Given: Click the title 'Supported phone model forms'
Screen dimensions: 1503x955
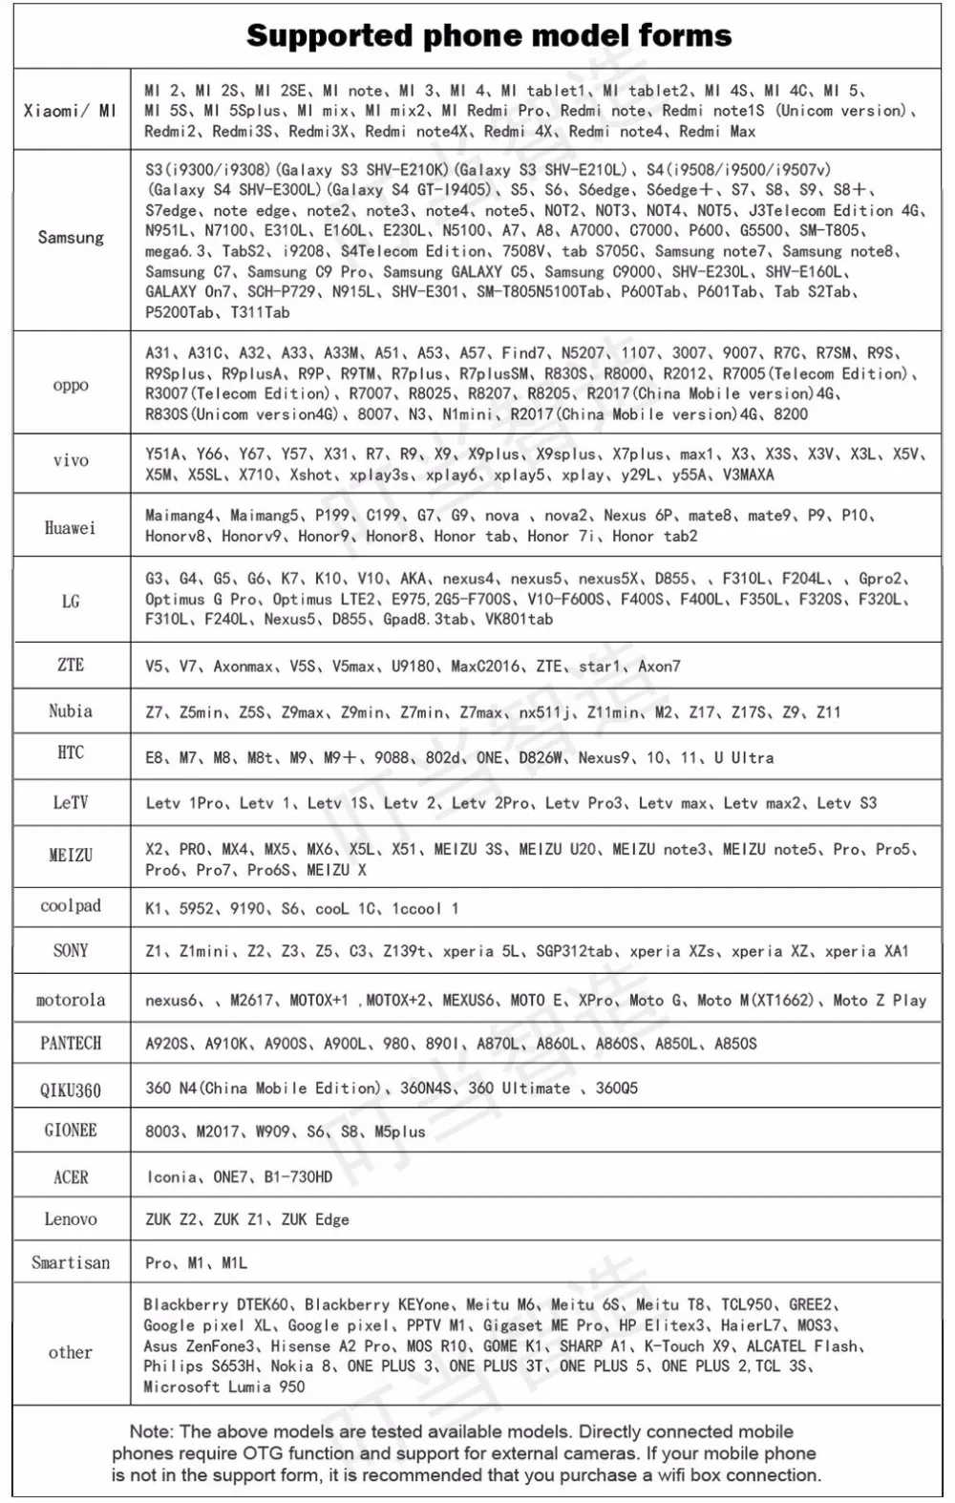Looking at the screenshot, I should tap(489, 36).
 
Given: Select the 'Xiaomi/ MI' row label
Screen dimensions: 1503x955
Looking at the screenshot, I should tap(71, 111).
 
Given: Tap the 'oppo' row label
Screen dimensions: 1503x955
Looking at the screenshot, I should tap(71, 385).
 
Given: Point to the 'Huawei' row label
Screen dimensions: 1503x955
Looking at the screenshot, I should tap(71, 527).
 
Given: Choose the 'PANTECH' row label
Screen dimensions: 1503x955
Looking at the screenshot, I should tap(71, 1043).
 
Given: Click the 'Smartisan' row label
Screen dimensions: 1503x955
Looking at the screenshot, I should tap(71, 1262).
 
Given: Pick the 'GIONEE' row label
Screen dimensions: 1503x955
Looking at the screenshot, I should tap(71, 1130).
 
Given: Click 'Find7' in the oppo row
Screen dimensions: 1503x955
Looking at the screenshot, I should tap(523, 353).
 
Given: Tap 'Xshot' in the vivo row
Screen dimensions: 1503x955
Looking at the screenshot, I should tap(311, 475).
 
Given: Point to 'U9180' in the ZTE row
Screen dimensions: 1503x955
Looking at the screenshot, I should tap(414, 667).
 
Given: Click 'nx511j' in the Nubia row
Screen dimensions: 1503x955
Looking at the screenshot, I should tap(544, 712).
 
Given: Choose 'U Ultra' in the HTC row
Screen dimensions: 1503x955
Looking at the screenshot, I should tap(744, 758).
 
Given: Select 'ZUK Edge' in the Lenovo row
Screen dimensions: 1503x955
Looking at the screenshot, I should tap(315, 1219).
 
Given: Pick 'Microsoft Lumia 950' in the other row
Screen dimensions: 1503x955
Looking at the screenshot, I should tap(224, 1387).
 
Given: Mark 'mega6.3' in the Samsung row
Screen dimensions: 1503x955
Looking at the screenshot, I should tap(176, 251).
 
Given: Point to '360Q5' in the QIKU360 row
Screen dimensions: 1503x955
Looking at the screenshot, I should tap(616, 1089).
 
